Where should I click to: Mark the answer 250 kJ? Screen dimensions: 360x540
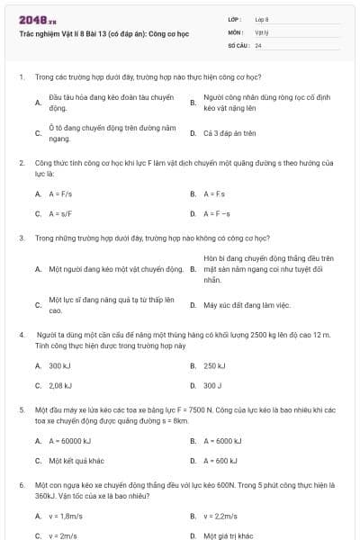(x=214, y=365)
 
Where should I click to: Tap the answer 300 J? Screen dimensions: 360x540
(x=212, y=385)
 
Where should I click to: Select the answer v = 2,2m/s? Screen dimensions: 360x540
(x=221, y=516)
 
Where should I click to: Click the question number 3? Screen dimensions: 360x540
(x=21, y=238)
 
